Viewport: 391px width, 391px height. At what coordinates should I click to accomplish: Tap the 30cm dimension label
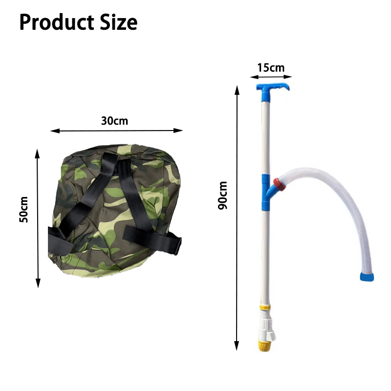[114, 121]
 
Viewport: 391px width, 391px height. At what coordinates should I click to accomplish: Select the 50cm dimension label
[23, 209]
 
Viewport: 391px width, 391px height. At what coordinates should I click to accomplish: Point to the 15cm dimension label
[270, 67]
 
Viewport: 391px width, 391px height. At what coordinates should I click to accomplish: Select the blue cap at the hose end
[367, 277]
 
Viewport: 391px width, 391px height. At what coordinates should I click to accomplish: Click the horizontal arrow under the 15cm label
[271, 77]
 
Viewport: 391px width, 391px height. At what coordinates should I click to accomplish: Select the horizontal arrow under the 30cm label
[116, 130]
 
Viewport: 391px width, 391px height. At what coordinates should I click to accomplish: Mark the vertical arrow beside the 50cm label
[38, 218]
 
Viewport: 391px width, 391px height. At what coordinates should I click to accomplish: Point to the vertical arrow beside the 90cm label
[237, 215]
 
